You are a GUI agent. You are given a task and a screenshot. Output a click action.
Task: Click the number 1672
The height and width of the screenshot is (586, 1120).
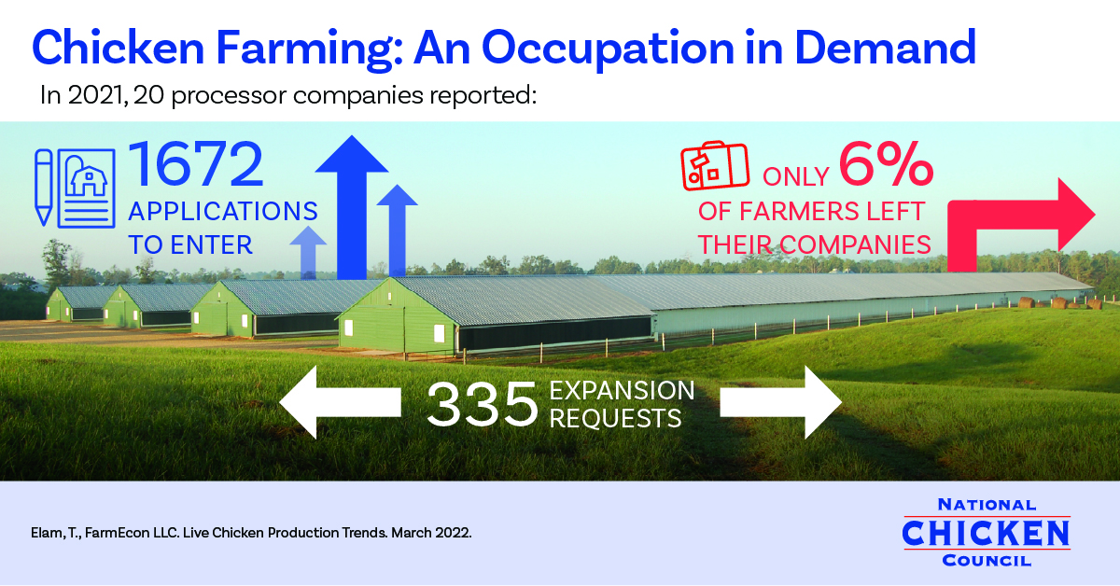(x=196, y=164)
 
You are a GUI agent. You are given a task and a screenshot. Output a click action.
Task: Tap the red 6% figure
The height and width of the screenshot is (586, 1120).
(x=886, y=164)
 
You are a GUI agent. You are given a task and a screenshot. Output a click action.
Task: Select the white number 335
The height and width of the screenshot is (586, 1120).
(x=482, y=404)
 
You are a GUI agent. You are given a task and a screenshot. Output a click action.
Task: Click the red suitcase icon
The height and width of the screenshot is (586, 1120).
(x=715, y=165)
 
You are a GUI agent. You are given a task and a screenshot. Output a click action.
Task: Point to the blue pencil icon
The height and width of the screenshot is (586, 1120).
(x=44, y=188)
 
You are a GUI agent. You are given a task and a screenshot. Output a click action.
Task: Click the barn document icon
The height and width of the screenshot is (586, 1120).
(x=87, y=188)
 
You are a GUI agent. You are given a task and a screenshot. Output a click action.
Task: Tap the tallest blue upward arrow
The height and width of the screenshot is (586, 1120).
(x=352, y=207)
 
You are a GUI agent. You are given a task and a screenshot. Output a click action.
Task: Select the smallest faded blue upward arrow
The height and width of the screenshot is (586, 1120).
(x=308, y=253)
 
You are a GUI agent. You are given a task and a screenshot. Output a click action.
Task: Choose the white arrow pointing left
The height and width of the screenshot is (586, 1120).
(x=340, y=402)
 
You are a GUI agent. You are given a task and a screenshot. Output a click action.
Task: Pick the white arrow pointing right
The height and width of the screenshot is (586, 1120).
(x=781, y=402)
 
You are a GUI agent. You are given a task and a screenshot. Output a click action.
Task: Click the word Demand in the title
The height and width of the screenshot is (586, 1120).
(x=885, y=48)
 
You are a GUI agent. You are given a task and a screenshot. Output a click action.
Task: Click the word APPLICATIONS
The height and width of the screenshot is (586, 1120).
(x=223, y=211)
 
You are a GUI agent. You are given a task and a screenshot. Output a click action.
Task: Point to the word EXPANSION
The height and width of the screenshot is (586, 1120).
(x=622, y=390)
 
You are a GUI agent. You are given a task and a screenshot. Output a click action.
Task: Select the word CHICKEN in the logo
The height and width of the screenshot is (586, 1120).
(x=986, y=533)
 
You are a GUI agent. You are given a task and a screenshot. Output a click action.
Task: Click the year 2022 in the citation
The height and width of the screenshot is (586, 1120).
(x=452, y=533)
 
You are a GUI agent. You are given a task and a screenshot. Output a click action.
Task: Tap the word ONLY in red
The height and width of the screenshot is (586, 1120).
(x=796, y=176)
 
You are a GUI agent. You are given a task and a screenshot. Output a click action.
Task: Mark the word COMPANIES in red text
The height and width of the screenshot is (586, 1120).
(x=855, y=245)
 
